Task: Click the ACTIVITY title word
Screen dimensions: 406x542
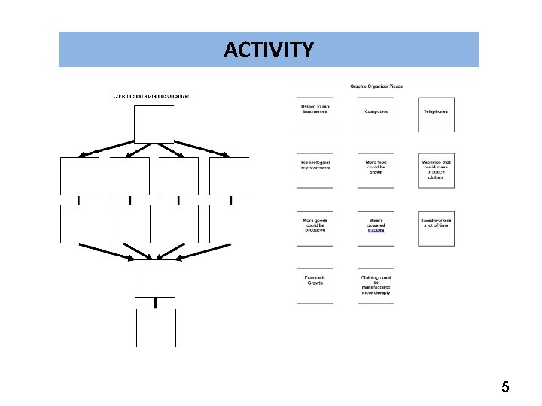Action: pyautogui.click(x=269, y=50)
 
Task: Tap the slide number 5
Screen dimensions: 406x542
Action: pyautogui.click(x=505, y=388)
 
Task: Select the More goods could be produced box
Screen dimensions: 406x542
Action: pyautogui.click(x=315, y=229)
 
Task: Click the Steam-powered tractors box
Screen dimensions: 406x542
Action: pyautogui.click(x=376, y=229)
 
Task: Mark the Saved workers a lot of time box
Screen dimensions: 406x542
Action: pyautogui.click(x=437, y=229)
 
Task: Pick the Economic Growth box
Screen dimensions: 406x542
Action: pyautogui.click(x=315, y=286)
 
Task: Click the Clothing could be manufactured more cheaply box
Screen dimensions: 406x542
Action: pyautogui.click(x=376, y=286)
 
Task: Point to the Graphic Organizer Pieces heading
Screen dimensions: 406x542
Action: pyautogui.click(x=376, y=86)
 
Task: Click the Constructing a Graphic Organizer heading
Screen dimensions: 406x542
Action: pyautogui.click(x=151, y=96)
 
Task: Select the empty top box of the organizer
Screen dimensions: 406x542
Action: pyautogui.click(x=154, y=124)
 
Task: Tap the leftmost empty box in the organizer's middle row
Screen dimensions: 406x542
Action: pyautogui.click(x=80, y=176)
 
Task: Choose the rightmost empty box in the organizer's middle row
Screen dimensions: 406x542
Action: pyautogui.click(x=229, y=176)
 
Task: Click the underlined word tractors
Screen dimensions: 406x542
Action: pyautogui.click(x=376, y=231)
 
